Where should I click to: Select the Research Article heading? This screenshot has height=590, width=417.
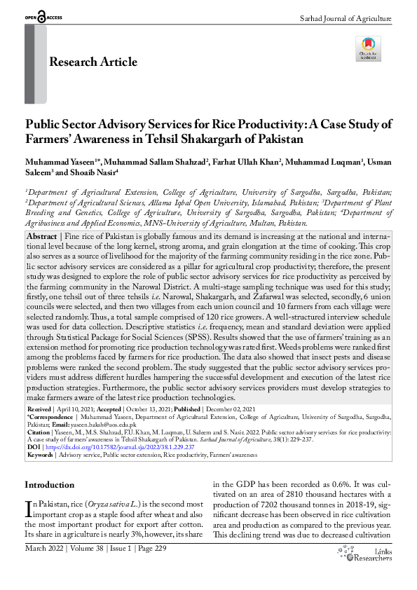click(93, 62)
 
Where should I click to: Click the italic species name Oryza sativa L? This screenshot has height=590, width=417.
click(114, 505)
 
